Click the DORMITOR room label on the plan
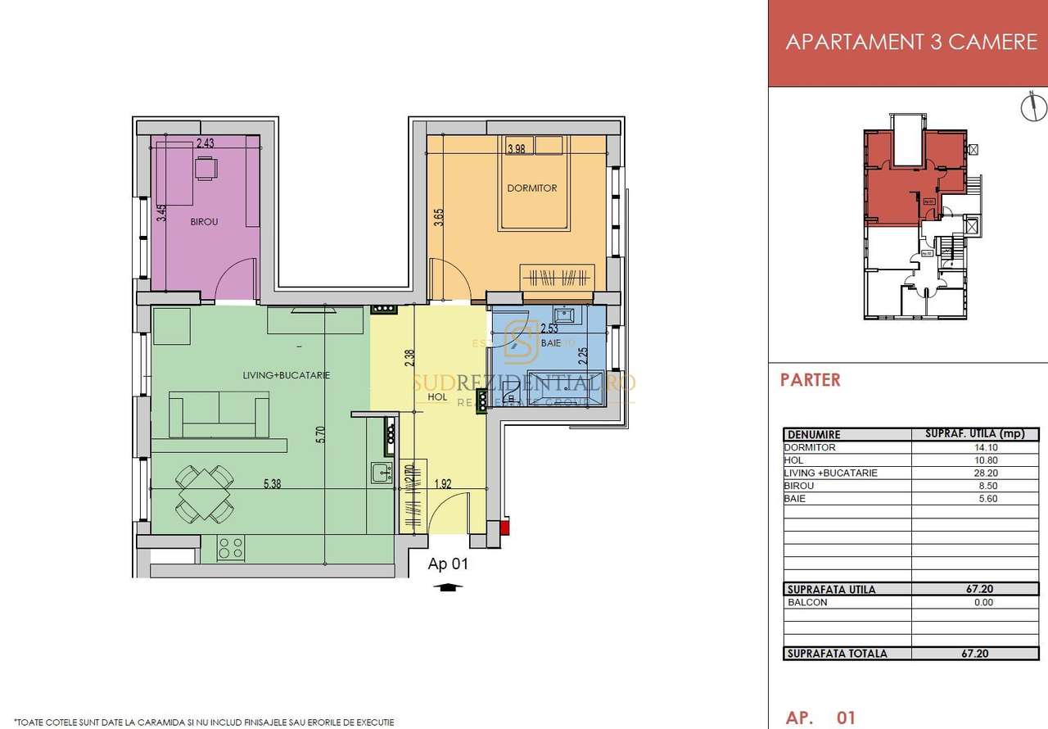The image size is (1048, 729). click(531, 188)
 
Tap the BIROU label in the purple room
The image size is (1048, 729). click(204, 221)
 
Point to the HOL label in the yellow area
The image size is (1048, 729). click(437, 396)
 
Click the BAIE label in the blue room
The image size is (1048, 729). click(551, 343)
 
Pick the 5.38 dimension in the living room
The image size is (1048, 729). click(273, 484)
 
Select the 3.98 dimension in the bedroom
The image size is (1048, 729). click(516, 148)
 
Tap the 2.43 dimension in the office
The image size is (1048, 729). click(205, 143)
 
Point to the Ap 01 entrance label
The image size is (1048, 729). click(448, 564)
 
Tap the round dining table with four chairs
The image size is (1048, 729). click(205, 493)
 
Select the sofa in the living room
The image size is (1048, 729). click(219, 414)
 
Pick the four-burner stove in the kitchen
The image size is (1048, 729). click(231, 547)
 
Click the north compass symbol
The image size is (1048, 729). click(1033, 107)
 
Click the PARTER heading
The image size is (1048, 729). click(810, 380)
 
